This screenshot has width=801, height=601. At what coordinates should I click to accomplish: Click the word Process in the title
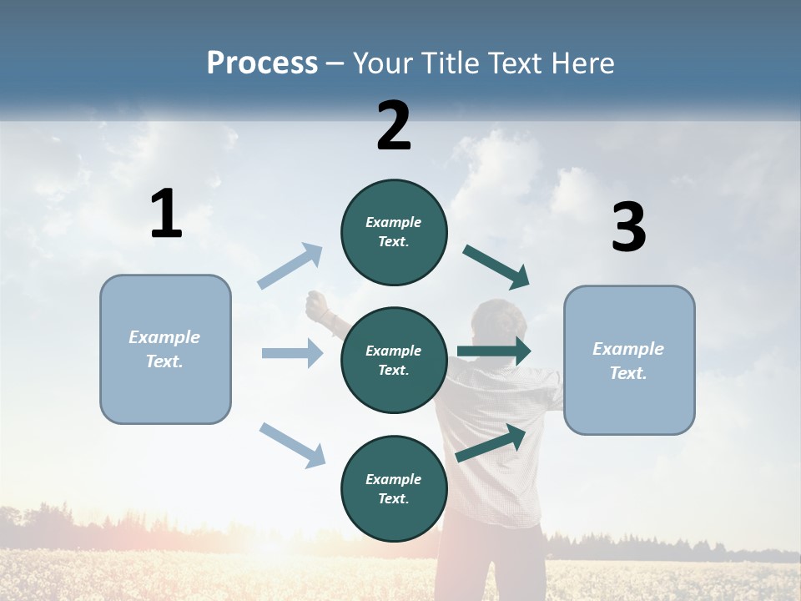coord(262,63)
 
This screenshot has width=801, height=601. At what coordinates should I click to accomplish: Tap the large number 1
coord(166,215)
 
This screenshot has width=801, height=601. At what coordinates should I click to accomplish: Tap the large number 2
coord(394,126)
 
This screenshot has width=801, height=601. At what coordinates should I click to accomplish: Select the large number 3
coord(628,227)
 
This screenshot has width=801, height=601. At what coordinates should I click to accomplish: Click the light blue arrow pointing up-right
coord(290,266)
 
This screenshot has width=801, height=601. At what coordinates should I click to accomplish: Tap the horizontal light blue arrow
coord(292,353)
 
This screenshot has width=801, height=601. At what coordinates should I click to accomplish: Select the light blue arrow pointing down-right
coord(292,445)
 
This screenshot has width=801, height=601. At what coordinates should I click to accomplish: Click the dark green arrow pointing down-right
coord(496,267)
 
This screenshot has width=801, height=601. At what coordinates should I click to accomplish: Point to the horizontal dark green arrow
coord(494,351)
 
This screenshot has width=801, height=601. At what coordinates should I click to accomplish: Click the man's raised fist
coord(317,306)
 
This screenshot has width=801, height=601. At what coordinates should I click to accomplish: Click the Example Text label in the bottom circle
coord(394,489)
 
